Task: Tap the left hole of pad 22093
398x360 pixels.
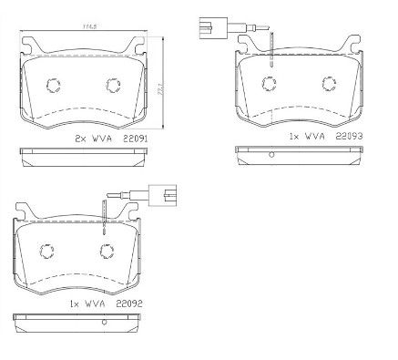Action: [269, 86]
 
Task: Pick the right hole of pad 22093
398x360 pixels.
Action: [331, 86]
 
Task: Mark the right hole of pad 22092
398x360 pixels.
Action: [107, 253]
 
